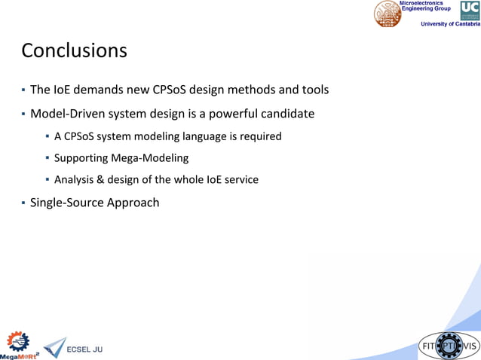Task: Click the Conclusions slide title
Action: pos(74,50)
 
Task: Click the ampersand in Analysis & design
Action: pos(103,180)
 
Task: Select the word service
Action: pos(240,180)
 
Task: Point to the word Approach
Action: pos(133,203)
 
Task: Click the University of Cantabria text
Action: pos(450,24)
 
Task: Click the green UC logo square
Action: pos(469,10)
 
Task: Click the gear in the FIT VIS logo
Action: pos(449,346)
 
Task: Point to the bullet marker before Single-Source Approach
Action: pos(23,203)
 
